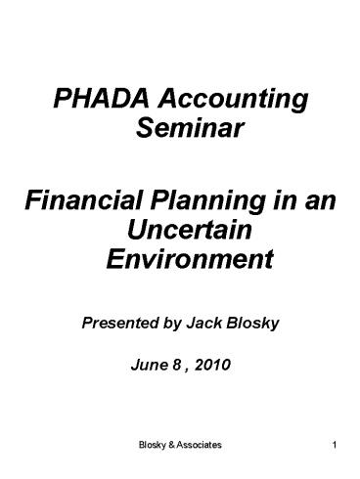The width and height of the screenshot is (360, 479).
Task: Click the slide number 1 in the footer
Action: coord(335,447)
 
